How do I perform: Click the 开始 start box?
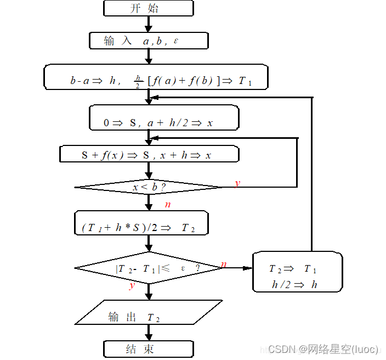point(148,8)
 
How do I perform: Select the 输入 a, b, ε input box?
point(149,41)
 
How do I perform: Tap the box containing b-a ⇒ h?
point(156,77)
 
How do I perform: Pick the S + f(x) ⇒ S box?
point(149,154)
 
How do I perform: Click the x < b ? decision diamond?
point(149,187)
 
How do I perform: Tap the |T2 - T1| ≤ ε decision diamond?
point(148,268)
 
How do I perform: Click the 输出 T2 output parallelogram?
point(148,312)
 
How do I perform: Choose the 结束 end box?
point(148,348)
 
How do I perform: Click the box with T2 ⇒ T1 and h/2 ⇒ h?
point(297,272)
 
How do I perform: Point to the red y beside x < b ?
point(237,183)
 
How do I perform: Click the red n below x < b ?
point(167,205)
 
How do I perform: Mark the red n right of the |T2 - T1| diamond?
point(223,265)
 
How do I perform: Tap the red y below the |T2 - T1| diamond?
point(132,286)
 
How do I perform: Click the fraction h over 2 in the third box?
point(138,81)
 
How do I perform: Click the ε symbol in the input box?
point(176,41)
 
